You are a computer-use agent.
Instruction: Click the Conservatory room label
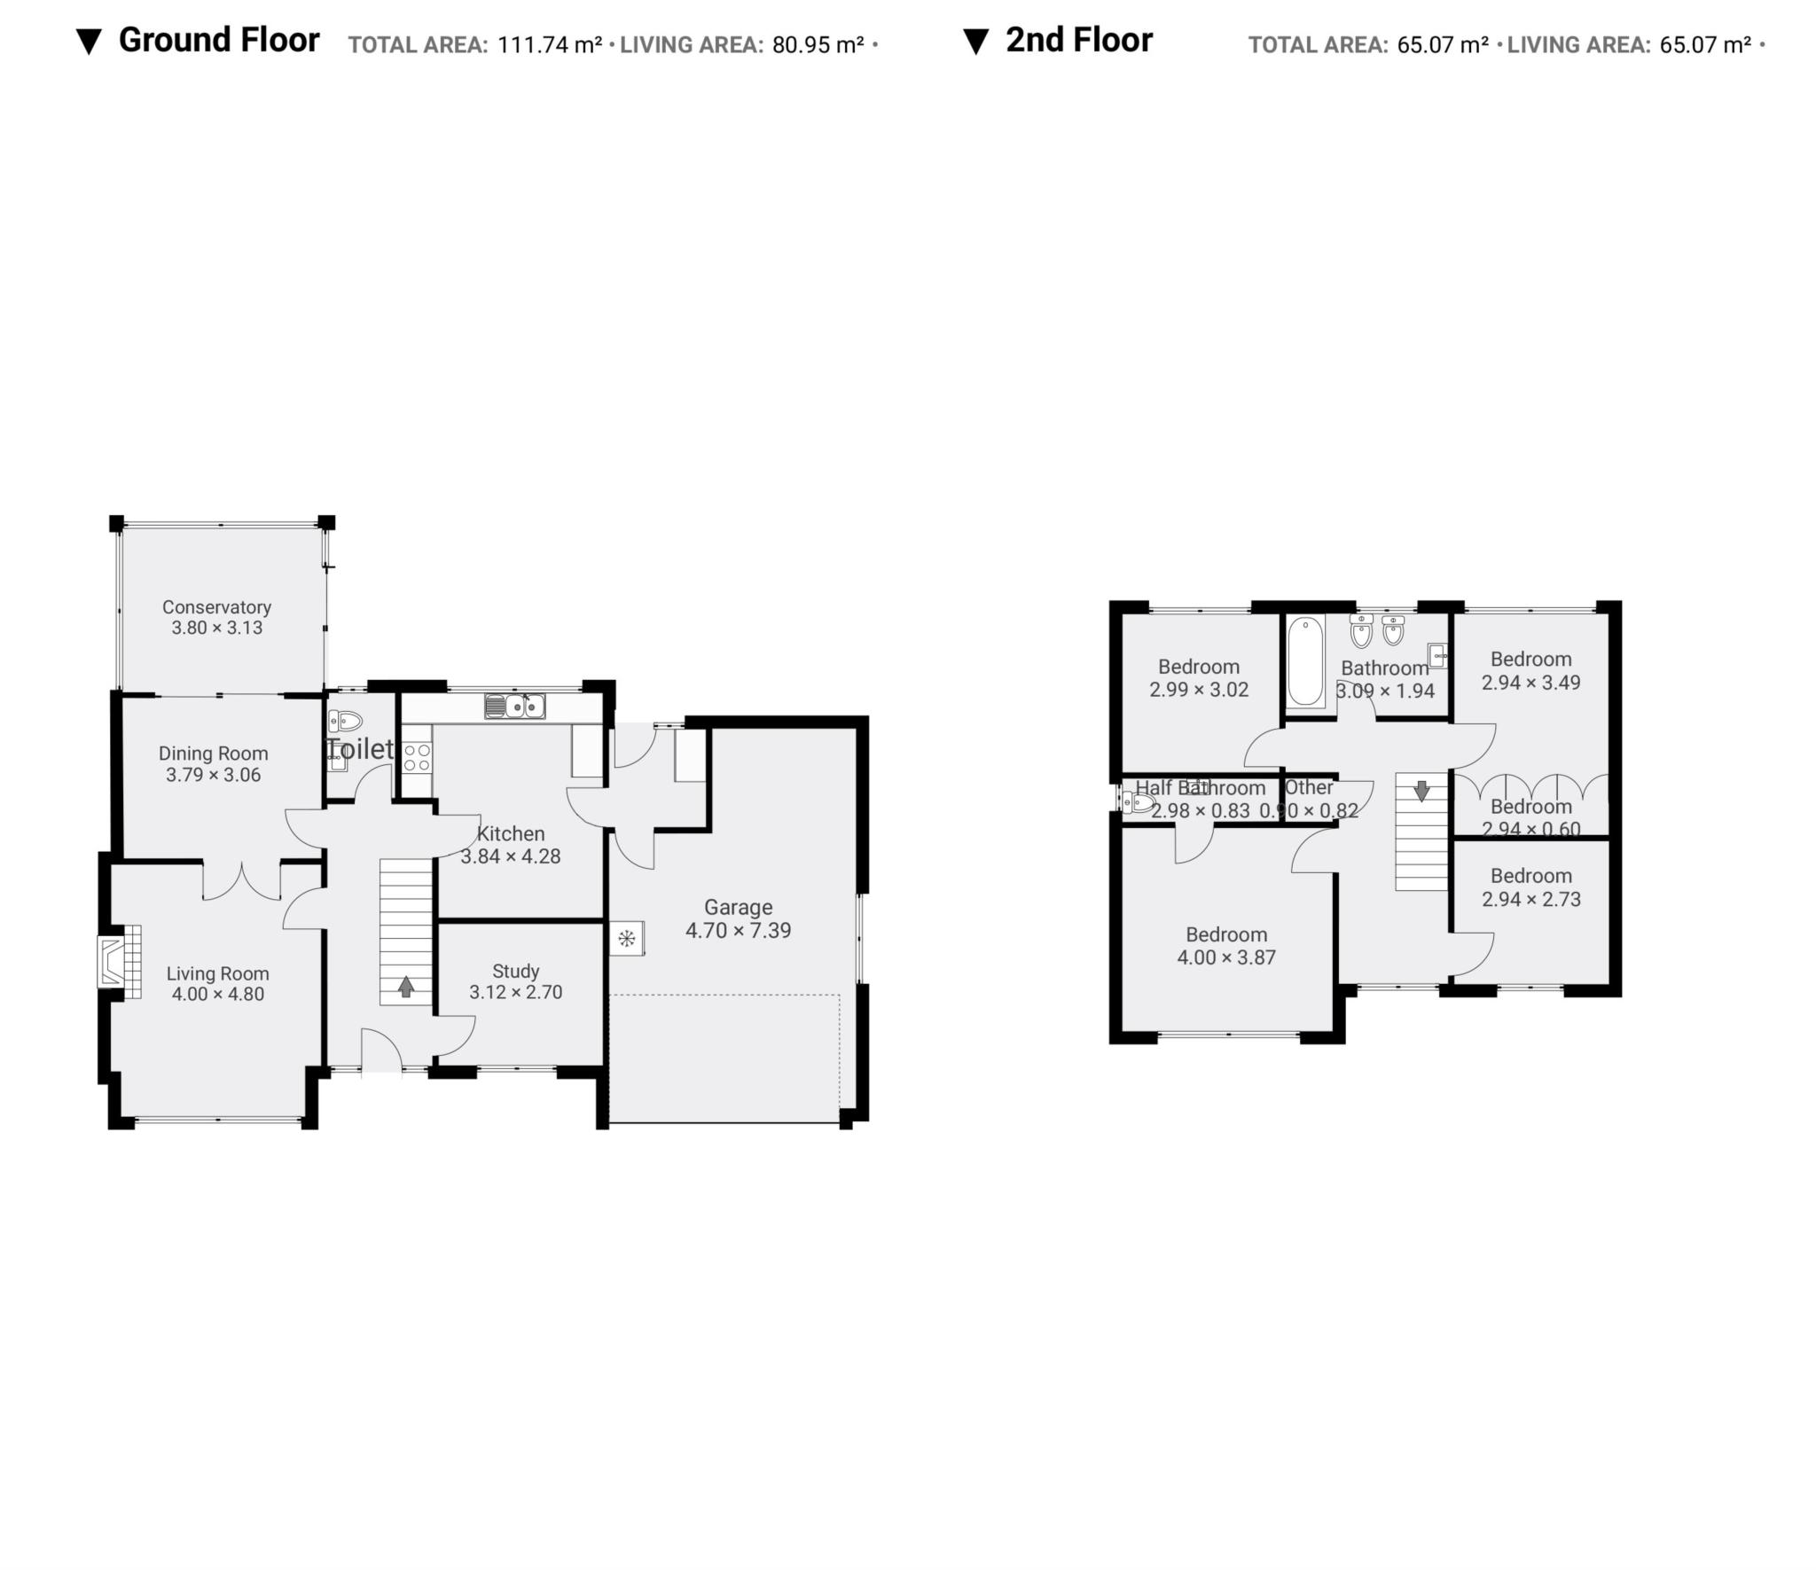(216, 607)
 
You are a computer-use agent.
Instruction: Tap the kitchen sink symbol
(514, 707)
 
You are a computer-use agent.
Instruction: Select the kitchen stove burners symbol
(418, 757)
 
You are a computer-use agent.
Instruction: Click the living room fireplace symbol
(119, 962)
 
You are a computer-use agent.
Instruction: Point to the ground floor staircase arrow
(406, 987)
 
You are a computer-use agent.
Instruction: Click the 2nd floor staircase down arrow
(1421, 790)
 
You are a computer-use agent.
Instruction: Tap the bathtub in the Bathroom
(1305, 661)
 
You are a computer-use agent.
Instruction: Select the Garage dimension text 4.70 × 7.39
(738, 931)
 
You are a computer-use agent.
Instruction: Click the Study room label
(515, 971)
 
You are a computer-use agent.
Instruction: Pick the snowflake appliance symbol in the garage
(626, 938)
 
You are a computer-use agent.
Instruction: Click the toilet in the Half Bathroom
(1139, 803)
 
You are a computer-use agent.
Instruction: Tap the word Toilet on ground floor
(359, 749)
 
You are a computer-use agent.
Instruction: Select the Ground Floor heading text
(218, 40)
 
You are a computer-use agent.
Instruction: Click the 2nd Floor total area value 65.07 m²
(1442, 44)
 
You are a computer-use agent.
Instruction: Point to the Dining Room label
(213, 754)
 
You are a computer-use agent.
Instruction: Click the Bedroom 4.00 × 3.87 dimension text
(1226, 957)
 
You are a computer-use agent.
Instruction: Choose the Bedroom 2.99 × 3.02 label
(1199, 667)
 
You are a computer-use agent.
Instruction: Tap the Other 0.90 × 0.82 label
(1309, 787)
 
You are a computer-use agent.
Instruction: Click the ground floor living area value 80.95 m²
(818, 44)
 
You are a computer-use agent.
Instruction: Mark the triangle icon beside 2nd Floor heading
(975, 42)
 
